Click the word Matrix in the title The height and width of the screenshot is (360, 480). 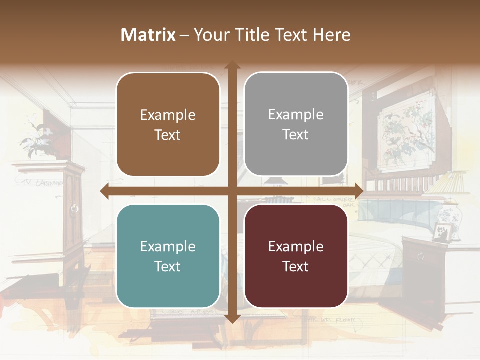(148, 35)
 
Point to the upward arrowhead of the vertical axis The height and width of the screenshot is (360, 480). (232, 65)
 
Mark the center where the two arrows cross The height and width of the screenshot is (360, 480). (232, 191)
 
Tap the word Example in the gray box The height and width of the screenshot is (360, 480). (296, 114)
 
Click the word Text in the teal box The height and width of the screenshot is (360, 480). (168, 266)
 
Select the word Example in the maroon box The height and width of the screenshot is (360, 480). (296, 246)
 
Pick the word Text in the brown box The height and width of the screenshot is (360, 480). (168, 135)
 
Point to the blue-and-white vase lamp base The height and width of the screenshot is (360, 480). (450, 220)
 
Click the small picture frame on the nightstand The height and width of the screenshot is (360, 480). (441, 232)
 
